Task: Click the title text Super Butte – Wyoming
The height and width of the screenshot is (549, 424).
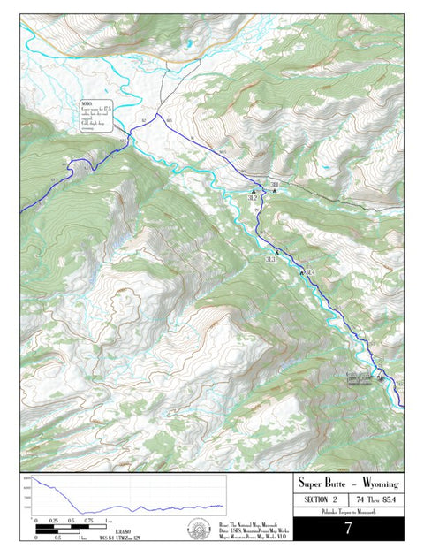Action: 348,484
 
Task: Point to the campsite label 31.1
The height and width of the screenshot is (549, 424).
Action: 275,184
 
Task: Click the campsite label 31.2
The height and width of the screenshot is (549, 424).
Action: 253,198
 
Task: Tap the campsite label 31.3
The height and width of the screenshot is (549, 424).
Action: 270,260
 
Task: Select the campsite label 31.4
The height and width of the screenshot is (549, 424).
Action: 310,271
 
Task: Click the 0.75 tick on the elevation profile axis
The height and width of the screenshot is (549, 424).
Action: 88,521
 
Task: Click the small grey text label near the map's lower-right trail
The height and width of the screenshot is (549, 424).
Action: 360,377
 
